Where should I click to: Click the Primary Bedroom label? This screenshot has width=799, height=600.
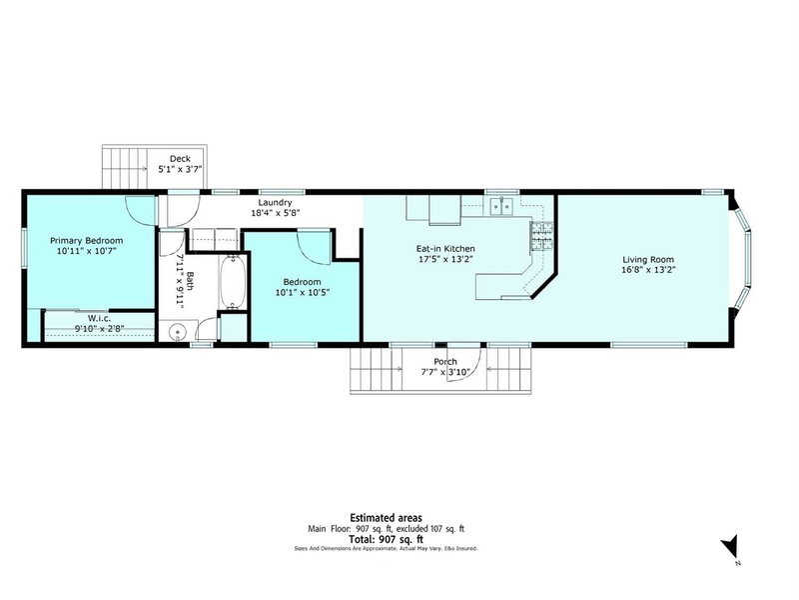[x=88, y=241]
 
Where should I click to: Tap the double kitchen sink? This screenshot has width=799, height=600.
[x=501, y=207]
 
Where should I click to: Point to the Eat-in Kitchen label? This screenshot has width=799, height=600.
[x=445, y=248]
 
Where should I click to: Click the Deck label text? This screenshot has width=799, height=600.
[x=180, y=158]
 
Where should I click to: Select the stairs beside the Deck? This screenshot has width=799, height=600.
[x=124, y=168]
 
